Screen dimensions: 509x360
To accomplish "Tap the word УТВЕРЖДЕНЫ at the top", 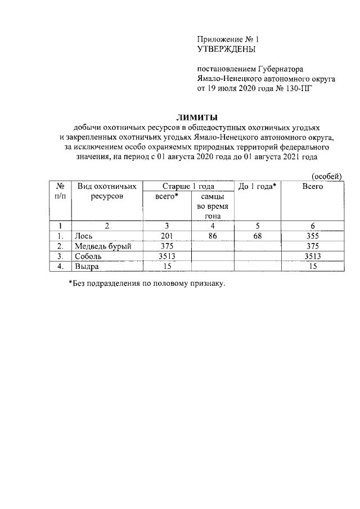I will point(226,49).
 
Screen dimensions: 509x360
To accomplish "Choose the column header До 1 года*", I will point(257,186).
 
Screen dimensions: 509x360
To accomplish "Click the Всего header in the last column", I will point(312,186).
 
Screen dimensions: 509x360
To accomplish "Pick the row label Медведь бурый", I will point(102,246).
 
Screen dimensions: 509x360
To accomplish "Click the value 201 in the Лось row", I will point(167,236).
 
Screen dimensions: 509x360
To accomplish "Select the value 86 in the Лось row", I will point(213,236).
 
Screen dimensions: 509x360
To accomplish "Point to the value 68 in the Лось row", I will point(257,236).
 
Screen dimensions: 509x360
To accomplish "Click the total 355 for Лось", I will point(312,236).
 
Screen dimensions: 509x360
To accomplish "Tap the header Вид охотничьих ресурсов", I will point(107,191).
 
